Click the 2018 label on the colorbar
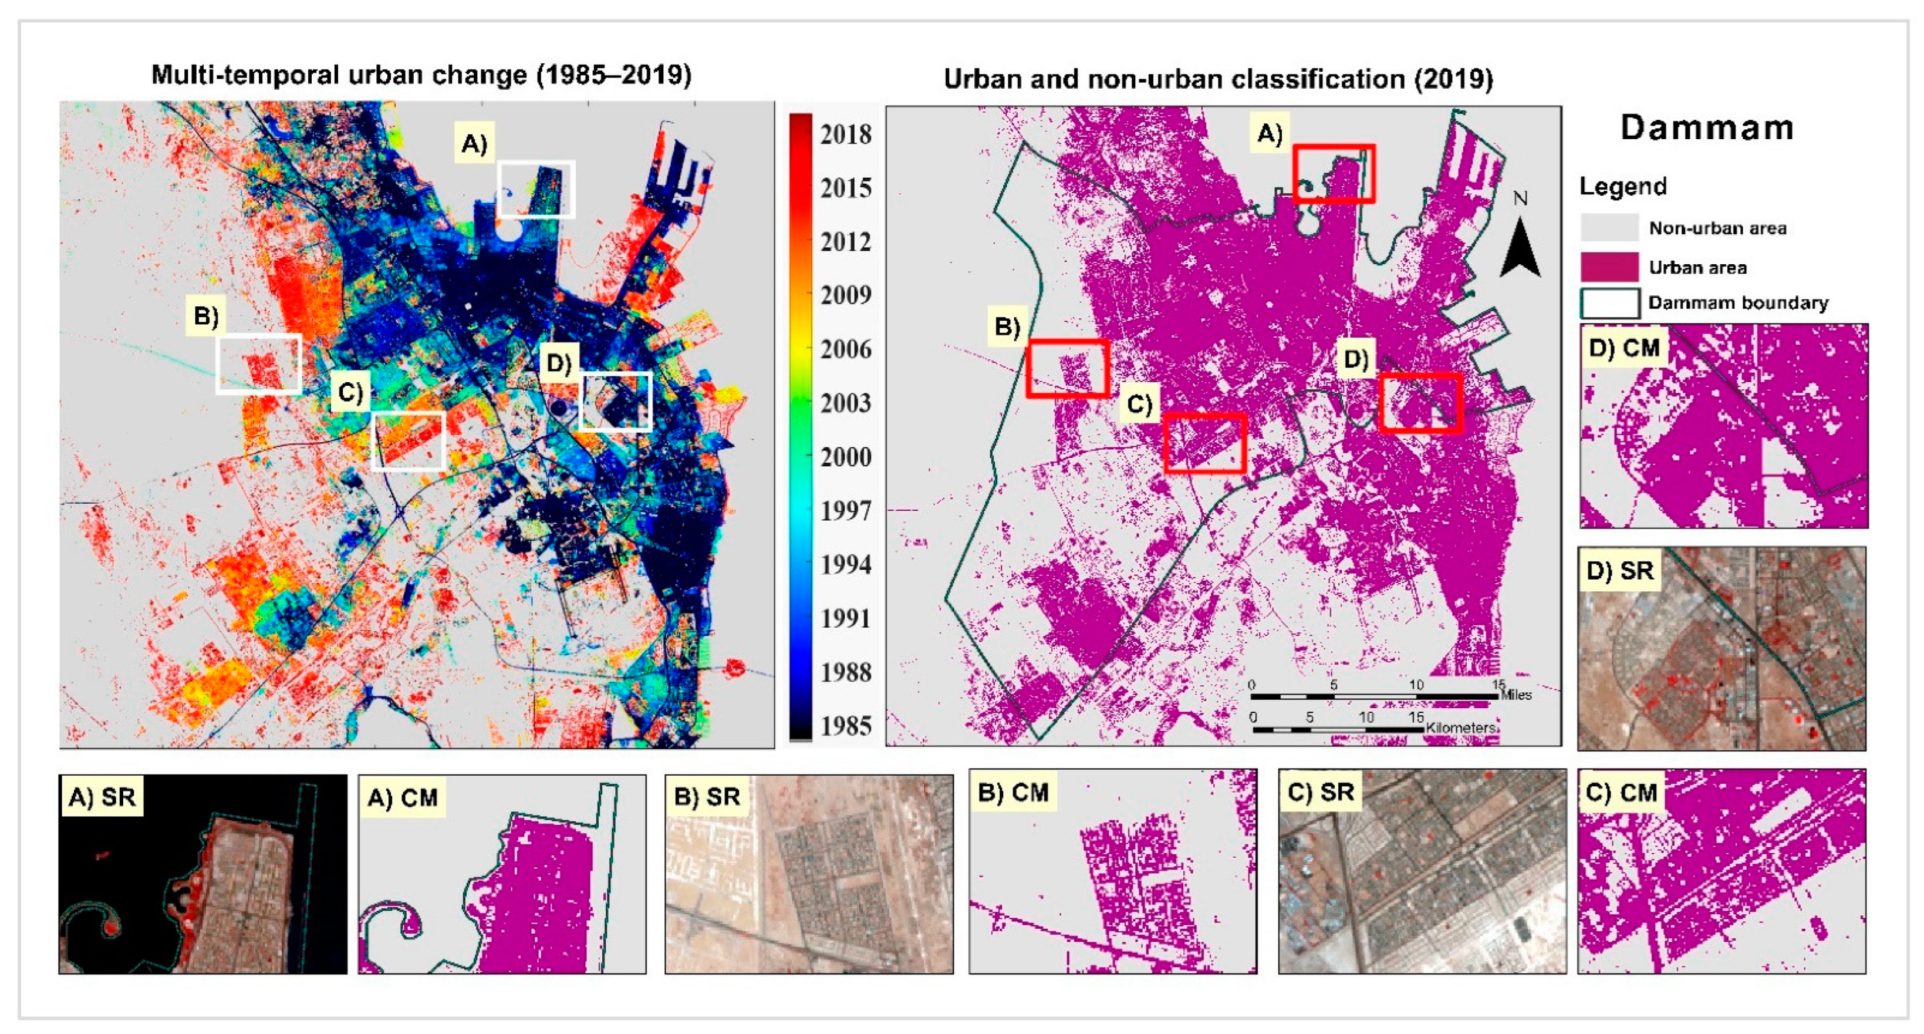pos(845,135)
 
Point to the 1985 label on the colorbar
pos(845,725)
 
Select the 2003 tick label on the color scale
pos(845,403)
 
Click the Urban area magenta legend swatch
pos(1609,267)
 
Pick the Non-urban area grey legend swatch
pos(1609,227)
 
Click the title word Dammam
pos(1707,128)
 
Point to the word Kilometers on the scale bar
pos(1460,727)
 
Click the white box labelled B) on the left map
pos(258,364)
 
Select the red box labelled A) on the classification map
pos(1334,173)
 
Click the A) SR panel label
pos(102,797)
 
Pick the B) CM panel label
pos(1013,792)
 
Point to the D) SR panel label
pos(1619,571)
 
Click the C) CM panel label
pos(1620,792)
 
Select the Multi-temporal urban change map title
pos(421,75)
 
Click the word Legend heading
pos(1622,186)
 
